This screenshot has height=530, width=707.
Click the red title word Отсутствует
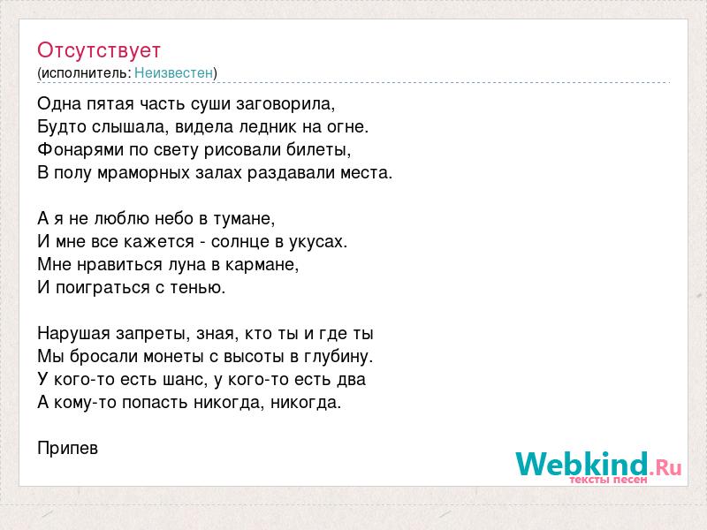99,50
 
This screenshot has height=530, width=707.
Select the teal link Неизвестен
173,72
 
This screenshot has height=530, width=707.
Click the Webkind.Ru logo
598,465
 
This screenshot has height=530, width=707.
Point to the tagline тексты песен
608,480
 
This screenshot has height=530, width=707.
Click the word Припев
68,449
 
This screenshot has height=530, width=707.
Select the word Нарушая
74,334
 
